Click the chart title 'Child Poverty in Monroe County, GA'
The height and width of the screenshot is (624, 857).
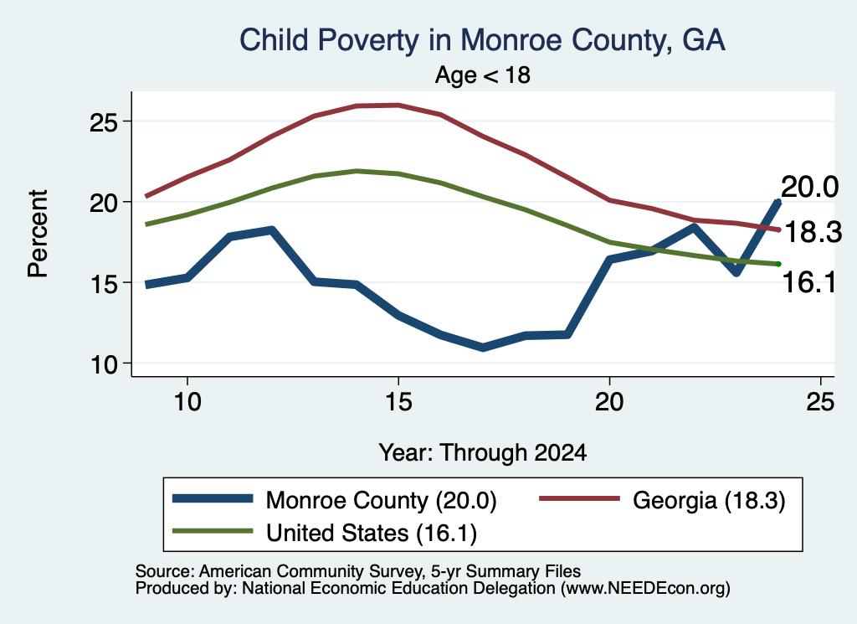[482, 40]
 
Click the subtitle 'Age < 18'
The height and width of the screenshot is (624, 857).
[483, 75]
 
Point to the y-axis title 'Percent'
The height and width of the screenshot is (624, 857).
[38, 234]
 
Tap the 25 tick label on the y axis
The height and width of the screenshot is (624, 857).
[104, 122]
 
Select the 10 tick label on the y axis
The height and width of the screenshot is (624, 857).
[104, 365]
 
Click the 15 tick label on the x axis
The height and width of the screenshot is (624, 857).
[398, 403]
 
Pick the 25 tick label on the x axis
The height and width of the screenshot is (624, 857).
[820, 403]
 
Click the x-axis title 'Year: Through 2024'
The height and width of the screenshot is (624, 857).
[483, 453]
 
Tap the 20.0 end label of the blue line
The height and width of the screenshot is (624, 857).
[809, 187]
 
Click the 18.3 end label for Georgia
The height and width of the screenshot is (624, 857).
[813, 232]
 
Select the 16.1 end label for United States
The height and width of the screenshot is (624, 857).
[809, 283]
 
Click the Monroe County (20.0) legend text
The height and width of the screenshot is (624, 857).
[381, 500]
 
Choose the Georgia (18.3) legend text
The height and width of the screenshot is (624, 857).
[709, 500]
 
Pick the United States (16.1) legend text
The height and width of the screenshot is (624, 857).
[372, 534]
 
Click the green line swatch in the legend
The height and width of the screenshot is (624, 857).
[213, 531]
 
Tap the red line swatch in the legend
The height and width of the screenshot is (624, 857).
[579, 498]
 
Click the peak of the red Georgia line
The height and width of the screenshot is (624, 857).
[398, 105]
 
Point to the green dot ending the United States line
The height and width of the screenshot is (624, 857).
[778, 264]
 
